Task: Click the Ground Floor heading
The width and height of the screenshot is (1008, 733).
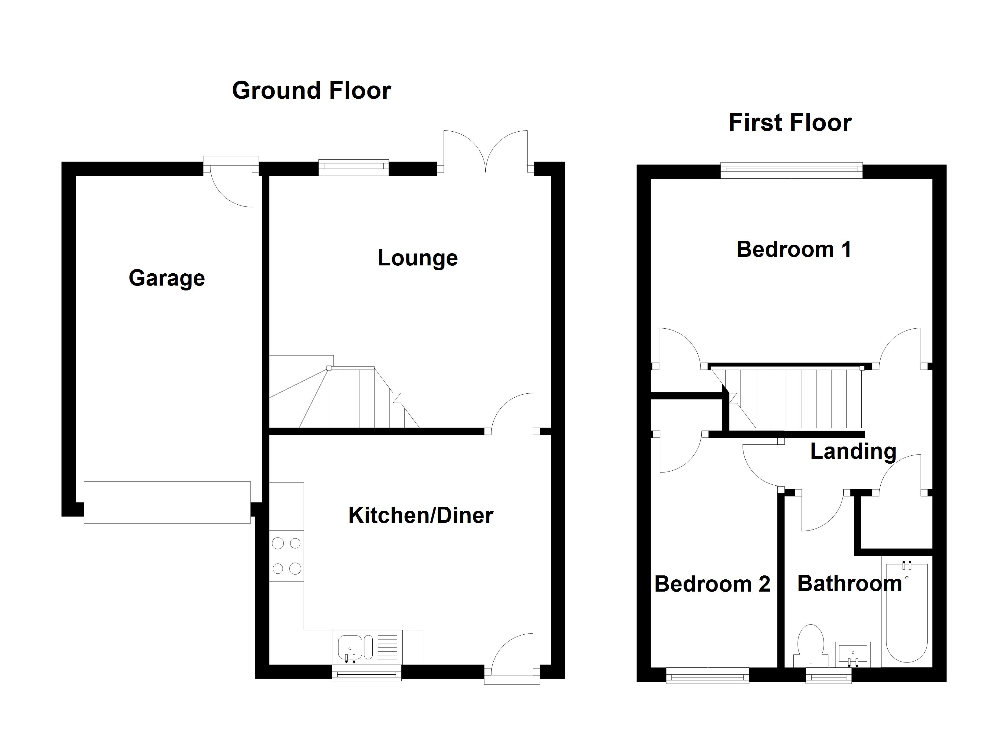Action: tap(311, 91)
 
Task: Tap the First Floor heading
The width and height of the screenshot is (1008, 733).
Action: tap(790, 123)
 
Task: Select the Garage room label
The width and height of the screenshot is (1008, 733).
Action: tap(167, 278)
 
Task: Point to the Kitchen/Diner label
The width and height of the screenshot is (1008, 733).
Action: tap(420, 516)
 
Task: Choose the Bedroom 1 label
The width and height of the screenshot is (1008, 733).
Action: tap(794, 249)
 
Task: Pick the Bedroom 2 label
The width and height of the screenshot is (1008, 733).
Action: tap(712, 584)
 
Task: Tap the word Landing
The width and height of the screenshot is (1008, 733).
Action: tap(853, 452)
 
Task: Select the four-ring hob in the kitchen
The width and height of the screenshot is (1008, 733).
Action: tap(286, 556)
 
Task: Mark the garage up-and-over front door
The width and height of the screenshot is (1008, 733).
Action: tap(167, 502)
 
